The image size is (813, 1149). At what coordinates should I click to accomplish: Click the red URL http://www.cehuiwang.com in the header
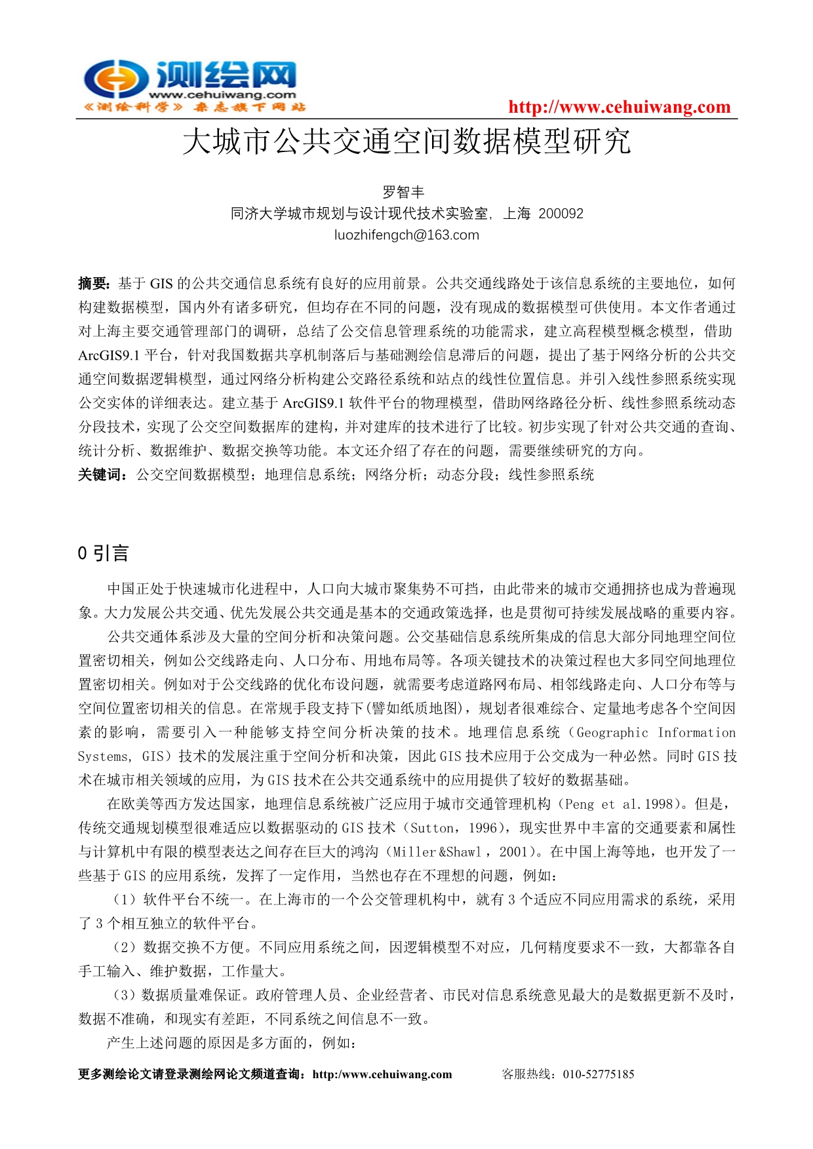point(619,107)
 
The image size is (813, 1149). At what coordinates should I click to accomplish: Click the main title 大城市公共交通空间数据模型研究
point(406,142)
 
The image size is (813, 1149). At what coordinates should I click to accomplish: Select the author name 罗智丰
point(404,192)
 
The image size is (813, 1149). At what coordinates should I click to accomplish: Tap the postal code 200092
point(561,214)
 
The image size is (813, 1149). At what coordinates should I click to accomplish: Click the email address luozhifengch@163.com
point(406,235)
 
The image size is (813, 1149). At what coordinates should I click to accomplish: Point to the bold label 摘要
point(93,284)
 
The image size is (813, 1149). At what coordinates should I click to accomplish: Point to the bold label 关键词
point(102,475)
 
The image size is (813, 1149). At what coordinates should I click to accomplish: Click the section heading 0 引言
point(103,554)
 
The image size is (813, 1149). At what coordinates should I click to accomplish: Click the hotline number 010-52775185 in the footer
point(598,1074)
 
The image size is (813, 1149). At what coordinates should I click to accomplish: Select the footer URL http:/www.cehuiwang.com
point(382,1074)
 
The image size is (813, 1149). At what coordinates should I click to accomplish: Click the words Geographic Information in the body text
point(656,733)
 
